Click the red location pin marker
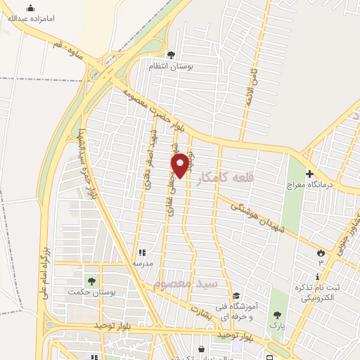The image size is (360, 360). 181,165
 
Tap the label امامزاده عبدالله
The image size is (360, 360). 31,19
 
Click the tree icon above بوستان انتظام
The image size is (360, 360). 170,54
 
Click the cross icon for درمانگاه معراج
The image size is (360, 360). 309,173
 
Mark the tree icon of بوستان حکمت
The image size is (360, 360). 91,281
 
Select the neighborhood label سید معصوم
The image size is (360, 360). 186,283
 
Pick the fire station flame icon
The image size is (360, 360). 321,252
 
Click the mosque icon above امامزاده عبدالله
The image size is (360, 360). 30,8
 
